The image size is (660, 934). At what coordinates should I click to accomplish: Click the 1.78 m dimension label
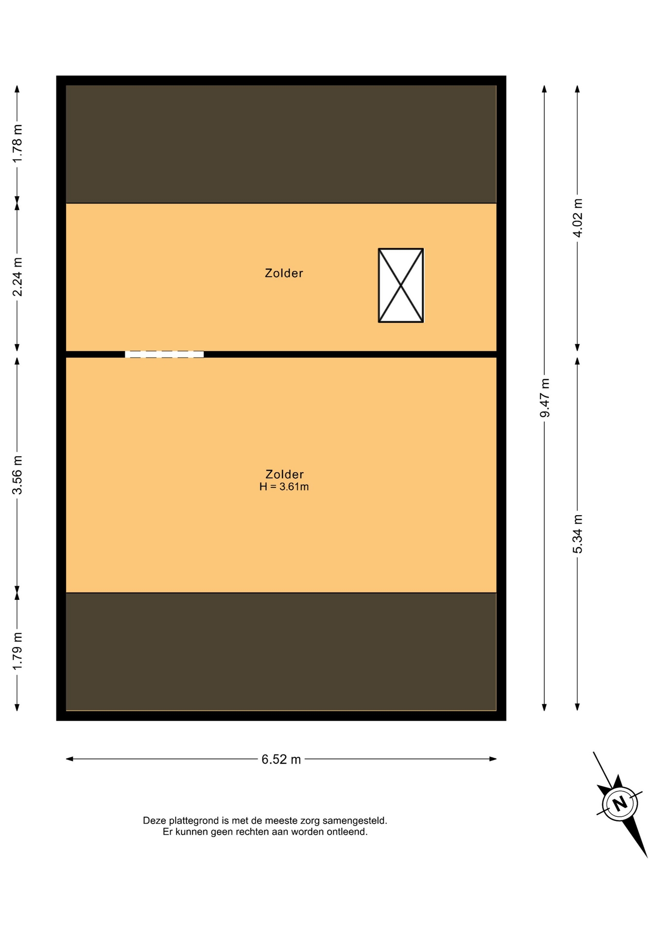[x=17, y=144]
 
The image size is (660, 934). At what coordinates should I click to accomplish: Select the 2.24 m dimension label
[x=17, y=276]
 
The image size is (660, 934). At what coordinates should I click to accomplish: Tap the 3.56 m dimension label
[x=17, y=475]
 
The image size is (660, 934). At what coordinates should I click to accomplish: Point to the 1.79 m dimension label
[x=17, y=651]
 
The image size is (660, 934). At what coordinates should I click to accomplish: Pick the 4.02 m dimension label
[x=577, y=218]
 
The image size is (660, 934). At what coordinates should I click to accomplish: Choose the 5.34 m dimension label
[x=577, y=534]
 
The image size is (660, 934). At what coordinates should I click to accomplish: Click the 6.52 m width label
[x=281, y=759]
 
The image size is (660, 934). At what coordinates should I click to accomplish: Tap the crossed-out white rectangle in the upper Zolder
[x=401, y=286]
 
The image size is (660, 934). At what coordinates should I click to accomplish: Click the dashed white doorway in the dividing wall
[x=164, y=354]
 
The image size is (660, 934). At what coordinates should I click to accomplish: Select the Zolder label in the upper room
[x=284, y=273]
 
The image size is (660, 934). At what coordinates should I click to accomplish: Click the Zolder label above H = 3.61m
[x=284, y=474]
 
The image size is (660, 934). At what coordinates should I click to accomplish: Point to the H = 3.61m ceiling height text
[x=284, y=486]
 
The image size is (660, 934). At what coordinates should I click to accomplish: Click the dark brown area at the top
[x=281, y=144]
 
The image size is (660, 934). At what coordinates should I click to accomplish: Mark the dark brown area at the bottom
[x=281, y=651]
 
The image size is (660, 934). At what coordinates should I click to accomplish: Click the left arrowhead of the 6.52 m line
[x=69, y=759]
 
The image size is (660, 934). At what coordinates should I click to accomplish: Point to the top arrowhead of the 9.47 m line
[x=544, y=89]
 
